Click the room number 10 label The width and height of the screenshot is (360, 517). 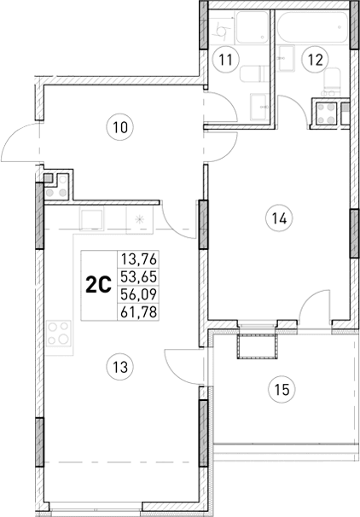tap(121, 128)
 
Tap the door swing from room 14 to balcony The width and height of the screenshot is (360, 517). tap(313, 307)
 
